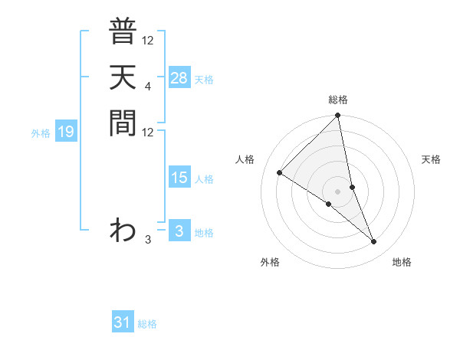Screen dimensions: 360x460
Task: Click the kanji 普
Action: [x=123, y=33]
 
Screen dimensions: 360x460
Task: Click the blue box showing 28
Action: [x=179, y=78]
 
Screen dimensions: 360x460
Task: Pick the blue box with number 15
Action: [x=179, y=178]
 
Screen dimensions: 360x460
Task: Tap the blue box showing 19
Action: [x=66, y=132]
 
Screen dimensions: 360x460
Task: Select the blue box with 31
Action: [x=123, y=322]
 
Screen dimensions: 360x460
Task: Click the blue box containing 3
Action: [x=179, y=231]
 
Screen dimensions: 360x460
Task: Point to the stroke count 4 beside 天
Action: [x=147, y=86]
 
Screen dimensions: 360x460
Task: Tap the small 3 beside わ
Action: [x=147, y=240]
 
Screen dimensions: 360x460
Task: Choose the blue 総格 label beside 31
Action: [x=147, y=324]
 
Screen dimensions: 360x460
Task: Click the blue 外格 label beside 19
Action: [x=41, y=133]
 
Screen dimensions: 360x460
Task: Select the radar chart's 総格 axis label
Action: [x=338, y=100]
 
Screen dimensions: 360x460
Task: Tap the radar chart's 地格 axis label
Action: [x=402, y=262]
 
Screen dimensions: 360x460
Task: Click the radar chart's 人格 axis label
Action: [x=245, y=159]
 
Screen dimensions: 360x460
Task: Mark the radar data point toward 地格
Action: [x=374, y=242]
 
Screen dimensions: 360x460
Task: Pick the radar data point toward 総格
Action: [x=338, y=116]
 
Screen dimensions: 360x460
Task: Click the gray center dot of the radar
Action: [x=338, y=191]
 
